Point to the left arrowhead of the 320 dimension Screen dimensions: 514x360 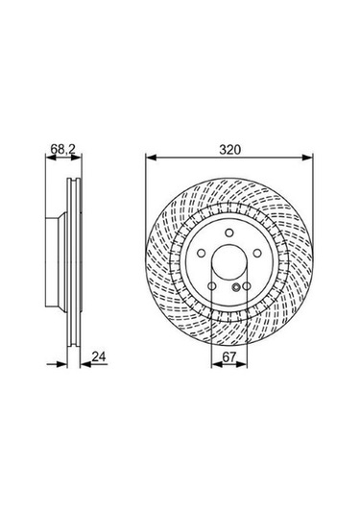point(150,158)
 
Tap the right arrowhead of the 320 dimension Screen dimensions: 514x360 point(307,158)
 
